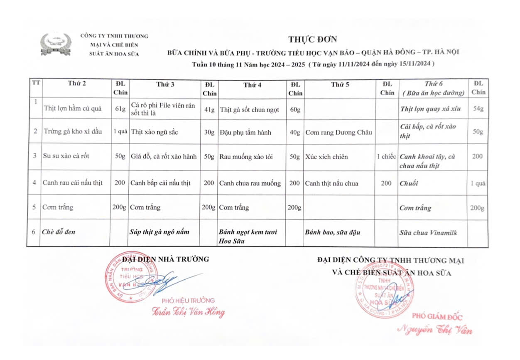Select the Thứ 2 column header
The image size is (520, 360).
(x=77, y=84)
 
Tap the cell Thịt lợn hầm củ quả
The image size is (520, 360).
(x=73, y=109)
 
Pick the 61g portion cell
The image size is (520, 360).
(x=120, y=109)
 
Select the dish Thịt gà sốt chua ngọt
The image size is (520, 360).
(x=249, y=110)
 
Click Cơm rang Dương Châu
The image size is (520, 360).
(x=338, y=133)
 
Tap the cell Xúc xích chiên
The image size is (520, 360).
(x=326, y=157)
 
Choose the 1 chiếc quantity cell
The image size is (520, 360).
(x=386, y=157)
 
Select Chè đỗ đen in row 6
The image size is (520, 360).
(x=59, y=232)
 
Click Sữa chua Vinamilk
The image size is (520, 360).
(x=428, y=233)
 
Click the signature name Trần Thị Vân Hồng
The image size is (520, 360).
(x=188, y=312)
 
